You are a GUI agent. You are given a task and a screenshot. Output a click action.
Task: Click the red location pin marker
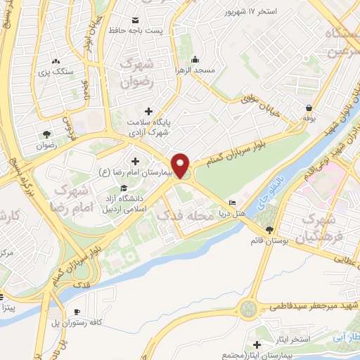[182, 165]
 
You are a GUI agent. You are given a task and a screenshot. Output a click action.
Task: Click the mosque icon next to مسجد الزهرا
[195, 59]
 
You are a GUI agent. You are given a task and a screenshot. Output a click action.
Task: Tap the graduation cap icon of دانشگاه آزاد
[124, 188]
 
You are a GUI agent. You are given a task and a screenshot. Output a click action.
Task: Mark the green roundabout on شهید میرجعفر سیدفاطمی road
[248, 308]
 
